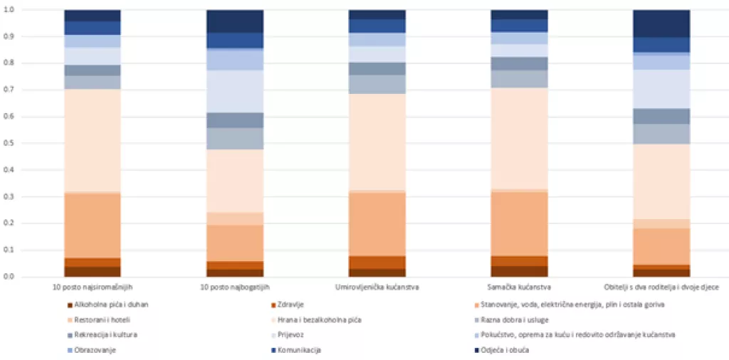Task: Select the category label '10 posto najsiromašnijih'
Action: tap(92, 287)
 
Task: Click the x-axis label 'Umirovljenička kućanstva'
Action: tap(377, 287)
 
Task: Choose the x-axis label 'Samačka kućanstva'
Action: tap(519, 287)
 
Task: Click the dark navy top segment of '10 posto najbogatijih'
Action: tap(235, 21)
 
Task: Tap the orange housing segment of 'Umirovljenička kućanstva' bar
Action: tap(377, 223)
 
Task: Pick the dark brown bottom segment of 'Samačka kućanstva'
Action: tap(519, 271)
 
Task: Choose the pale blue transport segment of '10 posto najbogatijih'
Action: tap(235, 91)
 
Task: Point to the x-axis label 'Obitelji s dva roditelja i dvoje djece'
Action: tap(661, 287)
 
